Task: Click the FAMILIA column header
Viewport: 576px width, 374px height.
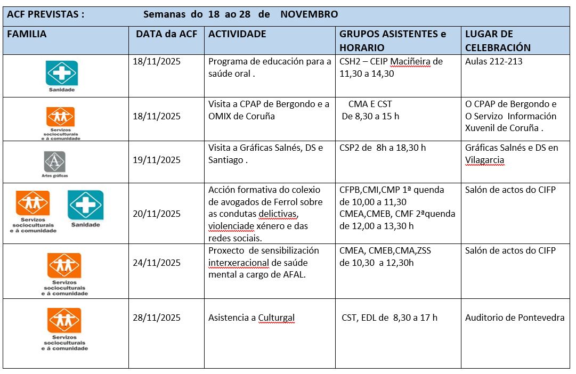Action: [27, 34]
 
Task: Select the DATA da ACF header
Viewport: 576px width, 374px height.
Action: [166, 34]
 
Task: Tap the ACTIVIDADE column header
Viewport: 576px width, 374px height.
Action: [237, 34]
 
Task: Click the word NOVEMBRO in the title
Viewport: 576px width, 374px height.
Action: [309, 14]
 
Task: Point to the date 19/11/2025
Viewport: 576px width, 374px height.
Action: [157, 160]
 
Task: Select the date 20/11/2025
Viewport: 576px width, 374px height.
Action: [157, 214]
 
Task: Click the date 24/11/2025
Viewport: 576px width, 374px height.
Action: [157, 263]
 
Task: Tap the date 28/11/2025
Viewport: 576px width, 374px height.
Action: [157, 318]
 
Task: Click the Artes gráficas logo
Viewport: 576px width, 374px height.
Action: [55, 162]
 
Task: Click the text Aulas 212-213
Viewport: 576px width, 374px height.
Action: [493, 61]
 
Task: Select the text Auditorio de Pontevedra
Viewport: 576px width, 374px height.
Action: [514, 318]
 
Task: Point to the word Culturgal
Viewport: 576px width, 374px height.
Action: [277, 318]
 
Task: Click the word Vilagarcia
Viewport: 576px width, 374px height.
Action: [484, 160]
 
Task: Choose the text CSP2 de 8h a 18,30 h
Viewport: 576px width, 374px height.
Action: [383, 148]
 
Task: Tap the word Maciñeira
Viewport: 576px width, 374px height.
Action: [410, 61]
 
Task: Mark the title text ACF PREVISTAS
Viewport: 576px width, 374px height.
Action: [45, 14]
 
